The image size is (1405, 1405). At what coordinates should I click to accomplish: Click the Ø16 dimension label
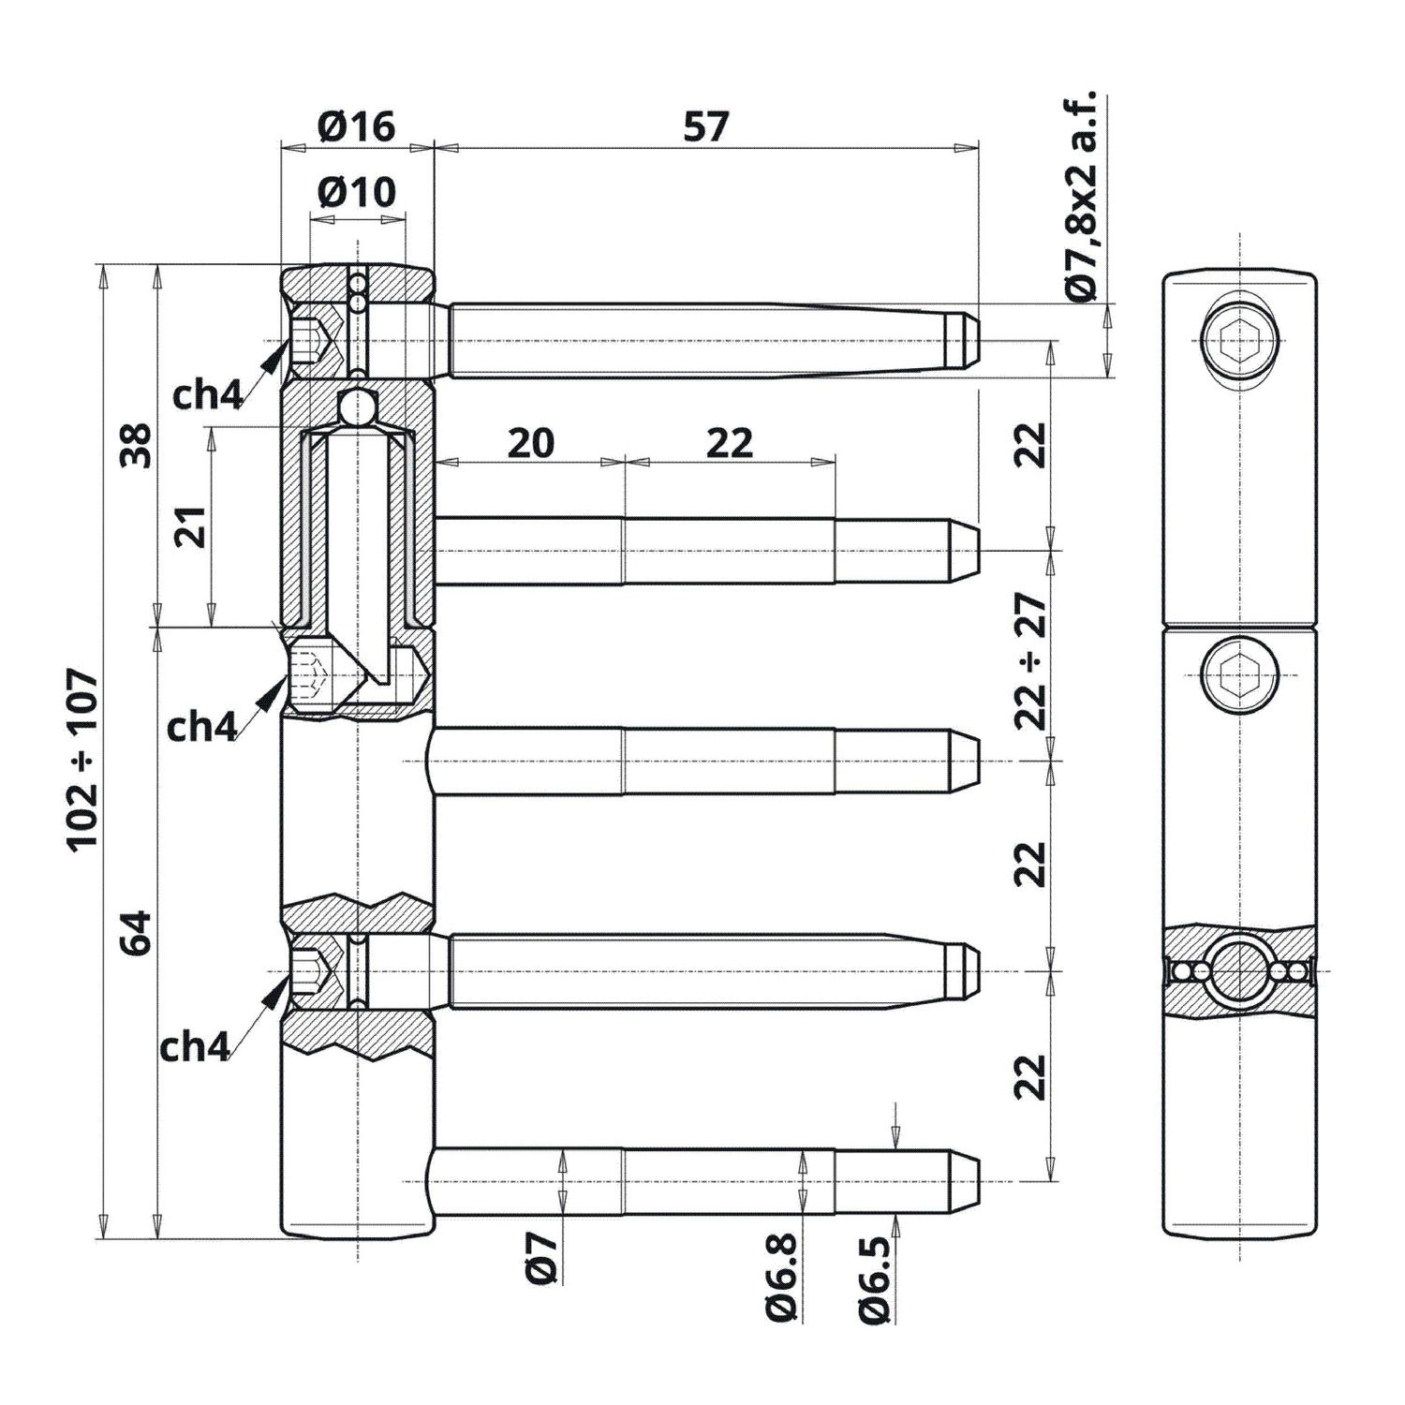(x=357, y=126)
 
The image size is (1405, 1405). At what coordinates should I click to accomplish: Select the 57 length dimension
(x=705, y=126)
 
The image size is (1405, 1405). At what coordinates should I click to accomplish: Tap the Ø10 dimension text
(x=357, y=192)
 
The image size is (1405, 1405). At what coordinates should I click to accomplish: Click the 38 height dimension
(x=137, y=445)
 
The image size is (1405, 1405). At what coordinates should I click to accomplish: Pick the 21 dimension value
(x=191, y=526)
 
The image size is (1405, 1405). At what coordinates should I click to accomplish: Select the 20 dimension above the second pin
(x=531, y=442)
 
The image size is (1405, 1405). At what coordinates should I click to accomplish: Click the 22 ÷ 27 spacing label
(x=1031, y=660)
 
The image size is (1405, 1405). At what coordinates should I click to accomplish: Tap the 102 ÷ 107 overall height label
(x=82, y=759)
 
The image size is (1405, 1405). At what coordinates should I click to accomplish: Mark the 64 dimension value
(x=137, y=932)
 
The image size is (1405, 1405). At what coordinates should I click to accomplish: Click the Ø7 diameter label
(x=542, y=1257)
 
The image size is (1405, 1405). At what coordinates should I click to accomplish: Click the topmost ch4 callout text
(x=207, y=395)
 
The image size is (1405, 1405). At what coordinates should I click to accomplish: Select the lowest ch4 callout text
(x=194, y=1047)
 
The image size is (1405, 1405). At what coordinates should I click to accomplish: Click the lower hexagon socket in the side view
(x=1239, y=673)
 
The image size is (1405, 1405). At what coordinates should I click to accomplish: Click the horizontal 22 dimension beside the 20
(x=730, y=442)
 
